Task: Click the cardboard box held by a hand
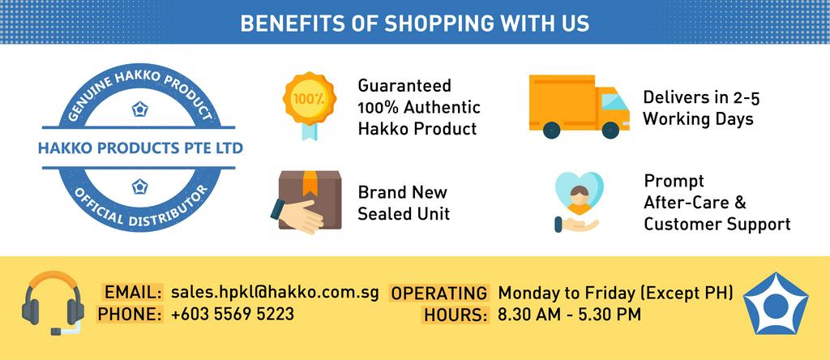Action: (x=302, y=199)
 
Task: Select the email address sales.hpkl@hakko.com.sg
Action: (x=275, y=293)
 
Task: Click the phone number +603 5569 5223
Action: (x=233, y=314)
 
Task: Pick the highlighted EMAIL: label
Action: (x=133, y=293)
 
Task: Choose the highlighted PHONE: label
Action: (x=130, y=314)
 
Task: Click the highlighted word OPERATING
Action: (x=439, y=293)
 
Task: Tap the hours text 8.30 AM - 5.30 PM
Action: (x=570, y=314)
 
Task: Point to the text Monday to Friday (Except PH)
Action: (x=615, y=293)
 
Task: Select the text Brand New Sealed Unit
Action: (x=404, y=204)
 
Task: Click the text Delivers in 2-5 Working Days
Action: (x=700, y=108)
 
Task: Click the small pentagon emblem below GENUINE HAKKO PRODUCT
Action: (x=139, y=108)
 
